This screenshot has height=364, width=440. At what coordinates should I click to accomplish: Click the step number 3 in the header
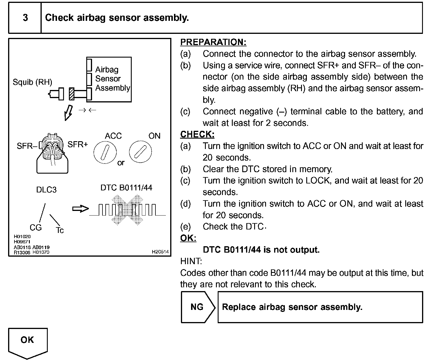pos(25,18)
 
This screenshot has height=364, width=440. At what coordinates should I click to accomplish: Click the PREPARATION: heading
pos(213,42)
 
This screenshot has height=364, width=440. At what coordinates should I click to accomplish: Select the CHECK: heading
pos(197,135)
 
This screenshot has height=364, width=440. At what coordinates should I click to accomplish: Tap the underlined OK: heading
pos(188,238)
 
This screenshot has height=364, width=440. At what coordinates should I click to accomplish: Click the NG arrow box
pos(198,307)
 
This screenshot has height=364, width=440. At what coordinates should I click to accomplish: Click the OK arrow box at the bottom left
pos(27,341)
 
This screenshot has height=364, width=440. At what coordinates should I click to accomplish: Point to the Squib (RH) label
pos(32,82)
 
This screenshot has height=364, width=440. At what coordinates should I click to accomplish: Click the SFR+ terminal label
pos(78,144)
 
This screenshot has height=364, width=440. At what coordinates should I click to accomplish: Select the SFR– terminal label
pos(27,146)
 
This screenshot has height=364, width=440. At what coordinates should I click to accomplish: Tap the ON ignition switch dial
pos(140,151)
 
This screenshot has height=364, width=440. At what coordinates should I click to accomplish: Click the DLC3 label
pos(46,190)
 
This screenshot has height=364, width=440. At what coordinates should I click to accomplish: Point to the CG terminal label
pos(36,228)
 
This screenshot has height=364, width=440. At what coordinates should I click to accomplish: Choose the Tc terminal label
pos(60,230)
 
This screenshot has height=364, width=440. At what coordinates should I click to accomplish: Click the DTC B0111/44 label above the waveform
pos(126,188)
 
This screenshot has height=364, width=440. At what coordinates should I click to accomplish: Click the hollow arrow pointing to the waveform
pos(80,209)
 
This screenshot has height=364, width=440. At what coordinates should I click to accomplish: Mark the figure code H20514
pos(160,252)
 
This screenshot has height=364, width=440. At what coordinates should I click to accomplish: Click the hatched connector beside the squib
pos(71,94)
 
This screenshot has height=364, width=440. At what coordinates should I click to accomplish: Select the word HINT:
pos(191,261)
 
